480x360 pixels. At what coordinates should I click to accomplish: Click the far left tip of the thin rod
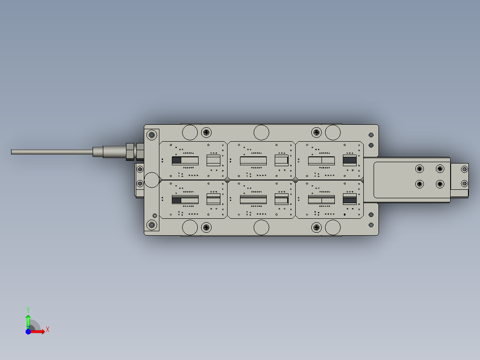(x=12, y=151)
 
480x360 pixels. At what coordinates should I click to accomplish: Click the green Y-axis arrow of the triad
(x=28, y=319)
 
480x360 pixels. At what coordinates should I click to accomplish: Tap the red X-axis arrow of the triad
(x=38, y=331)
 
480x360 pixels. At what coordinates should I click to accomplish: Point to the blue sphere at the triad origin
(x=28, y=331)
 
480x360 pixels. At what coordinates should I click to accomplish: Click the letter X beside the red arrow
(x=47, y=330)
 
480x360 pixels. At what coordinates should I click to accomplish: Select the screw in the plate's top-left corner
(x=152, y=135)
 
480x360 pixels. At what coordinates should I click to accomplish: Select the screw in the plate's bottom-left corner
(x=152, y=225)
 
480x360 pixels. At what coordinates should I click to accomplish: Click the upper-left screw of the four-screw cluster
(x=419, y=168)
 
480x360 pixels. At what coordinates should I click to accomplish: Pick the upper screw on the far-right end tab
(x=464, y=169)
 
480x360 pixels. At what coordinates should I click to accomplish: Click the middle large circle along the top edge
(x=261, y=132)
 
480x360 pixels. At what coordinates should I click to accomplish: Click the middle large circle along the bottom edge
(x=261, y=227)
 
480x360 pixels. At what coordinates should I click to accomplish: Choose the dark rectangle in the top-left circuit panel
(x=177, y=160)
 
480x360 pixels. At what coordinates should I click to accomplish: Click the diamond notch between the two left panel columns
(x=227, y=180)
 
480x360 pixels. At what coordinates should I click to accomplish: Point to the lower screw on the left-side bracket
(x=140, y=183)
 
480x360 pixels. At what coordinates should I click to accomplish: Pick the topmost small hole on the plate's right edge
(x=371, y=135)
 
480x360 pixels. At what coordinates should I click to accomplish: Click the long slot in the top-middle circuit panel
(x=253, y=160)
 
